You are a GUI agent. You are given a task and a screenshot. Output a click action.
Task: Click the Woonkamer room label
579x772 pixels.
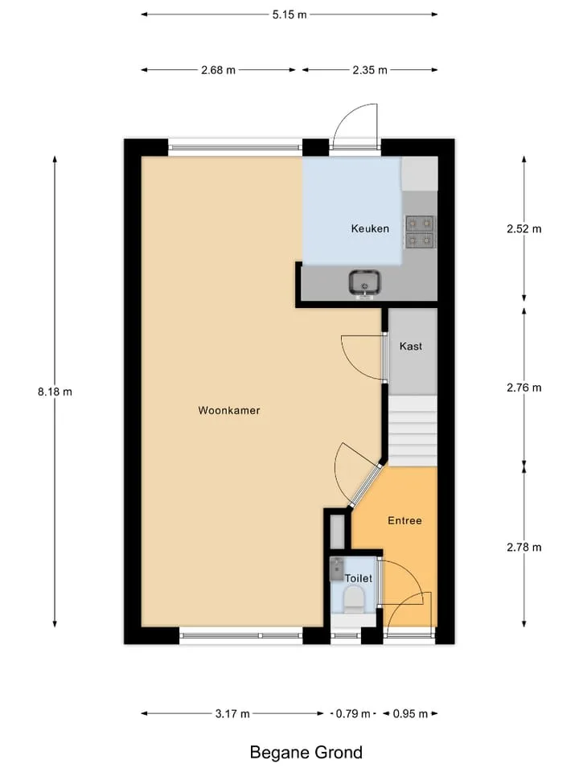click(229, 410)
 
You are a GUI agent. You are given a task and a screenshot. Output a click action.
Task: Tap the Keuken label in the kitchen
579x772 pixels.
click(370, 228)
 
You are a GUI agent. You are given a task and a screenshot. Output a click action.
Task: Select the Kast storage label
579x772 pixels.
click(411, 346)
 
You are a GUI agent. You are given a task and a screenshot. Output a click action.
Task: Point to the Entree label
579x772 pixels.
click(404, 520)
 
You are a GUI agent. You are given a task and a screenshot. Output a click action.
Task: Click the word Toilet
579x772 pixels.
click(359, 578)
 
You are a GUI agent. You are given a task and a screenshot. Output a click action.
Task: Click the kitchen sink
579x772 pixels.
click(364, 284)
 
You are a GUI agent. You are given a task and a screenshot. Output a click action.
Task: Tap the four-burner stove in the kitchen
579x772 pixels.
click(420, 232)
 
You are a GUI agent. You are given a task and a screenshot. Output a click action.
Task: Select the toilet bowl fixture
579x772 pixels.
click(354, 602)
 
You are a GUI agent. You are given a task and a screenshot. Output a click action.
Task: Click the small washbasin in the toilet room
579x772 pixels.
click(337, 569)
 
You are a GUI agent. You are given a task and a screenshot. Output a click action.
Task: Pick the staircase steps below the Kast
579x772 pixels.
click(413, 430)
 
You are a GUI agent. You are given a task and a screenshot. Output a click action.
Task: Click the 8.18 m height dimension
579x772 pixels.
click(55, 392)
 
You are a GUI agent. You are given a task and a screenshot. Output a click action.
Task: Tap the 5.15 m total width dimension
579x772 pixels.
click(289, 14)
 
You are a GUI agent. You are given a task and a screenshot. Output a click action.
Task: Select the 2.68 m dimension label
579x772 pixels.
click(218, 70)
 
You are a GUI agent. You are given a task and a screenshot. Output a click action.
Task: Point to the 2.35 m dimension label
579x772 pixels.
click(370, 70)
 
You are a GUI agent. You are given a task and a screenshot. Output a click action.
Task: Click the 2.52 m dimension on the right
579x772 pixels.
click(524, 229)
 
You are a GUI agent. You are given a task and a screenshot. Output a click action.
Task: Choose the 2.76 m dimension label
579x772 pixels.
click(524, 388)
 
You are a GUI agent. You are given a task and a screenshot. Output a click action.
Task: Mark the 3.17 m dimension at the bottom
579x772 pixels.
click(232, 713)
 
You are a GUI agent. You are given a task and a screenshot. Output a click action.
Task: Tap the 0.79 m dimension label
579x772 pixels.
click(353, 713)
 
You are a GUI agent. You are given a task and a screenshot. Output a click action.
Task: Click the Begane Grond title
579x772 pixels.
click(306, 753)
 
